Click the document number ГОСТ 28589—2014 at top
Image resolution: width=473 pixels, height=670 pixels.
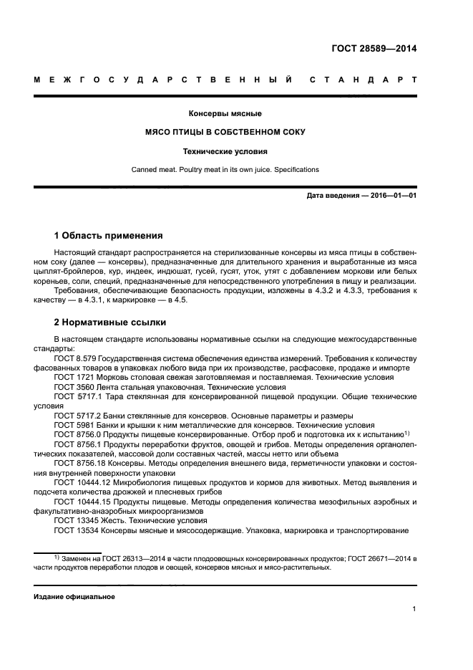click(374, 49)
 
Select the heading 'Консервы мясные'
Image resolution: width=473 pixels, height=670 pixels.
click(225, 114)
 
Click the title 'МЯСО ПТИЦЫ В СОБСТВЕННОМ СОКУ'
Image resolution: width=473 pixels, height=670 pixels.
click(225, 133)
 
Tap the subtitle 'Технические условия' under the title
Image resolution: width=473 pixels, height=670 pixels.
click(225, 151)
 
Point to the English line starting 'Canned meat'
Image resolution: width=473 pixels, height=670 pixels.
click(225, 170)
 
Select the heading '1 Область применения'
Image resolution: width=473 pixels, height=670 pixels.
click(109, 236)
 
